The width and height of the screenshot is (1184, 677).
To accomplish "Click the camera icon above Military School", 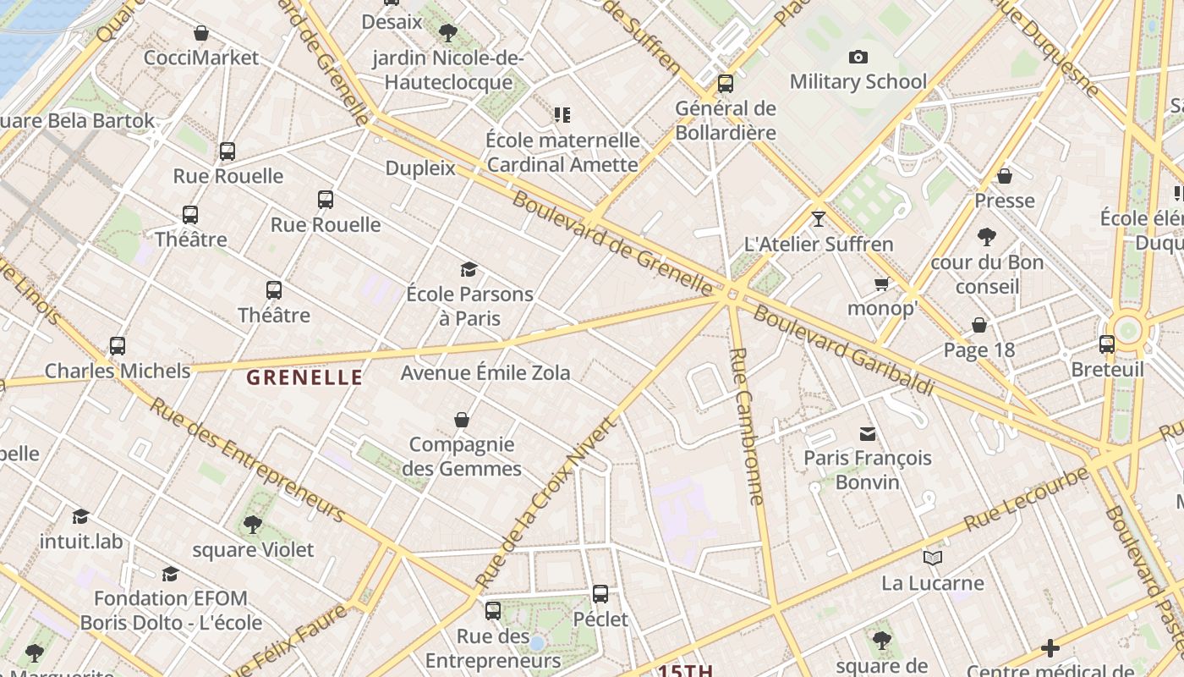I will pos(858,58).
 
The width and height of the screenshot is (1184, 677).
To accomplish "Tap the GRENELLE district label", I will pos(304,377).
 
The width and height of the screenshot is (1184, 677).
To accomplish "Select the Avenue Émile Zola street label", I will pos(485,372).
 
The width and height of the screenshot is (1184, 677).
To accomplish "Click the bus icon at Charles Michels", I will pos(118,346).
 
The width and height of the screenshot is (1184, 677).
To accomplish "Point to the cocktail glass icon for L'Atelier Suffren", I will pos(818,219).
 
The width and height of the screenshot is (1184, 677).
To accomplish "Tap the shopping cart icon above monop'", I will pos(882,283).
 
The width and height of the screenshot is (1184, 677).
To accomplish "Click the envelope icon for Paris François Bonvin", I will pos(868,434).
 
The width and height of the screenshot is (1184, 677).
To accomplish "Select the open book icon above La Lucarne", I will pos(933,559).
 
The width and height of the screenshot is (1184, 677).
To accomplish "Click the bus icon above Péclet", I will pos(600,594).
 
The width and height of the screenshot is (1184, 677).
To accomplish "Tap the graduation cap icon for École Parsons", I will pos(469,270).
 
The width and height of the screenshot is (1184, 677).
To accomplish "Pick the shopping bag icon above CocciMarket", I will pos(201,34).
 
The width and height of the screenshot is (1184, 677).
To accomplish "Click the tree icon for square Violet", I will pos(252,525).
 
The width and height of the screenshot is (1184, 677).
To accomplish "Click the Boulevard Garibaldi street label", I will pos(843,349).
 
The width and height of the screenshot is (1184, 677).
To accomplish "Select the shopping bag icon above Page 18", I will pos(978,325).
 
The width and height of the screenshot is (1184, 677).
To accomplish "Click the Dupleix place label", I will pos(420,168).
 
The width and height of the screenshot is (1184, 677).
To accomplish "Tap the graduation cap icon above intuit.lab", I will pos(81,516).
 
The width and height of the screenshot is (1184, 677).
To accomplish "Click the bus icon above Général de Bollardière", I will pos(726,84).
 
